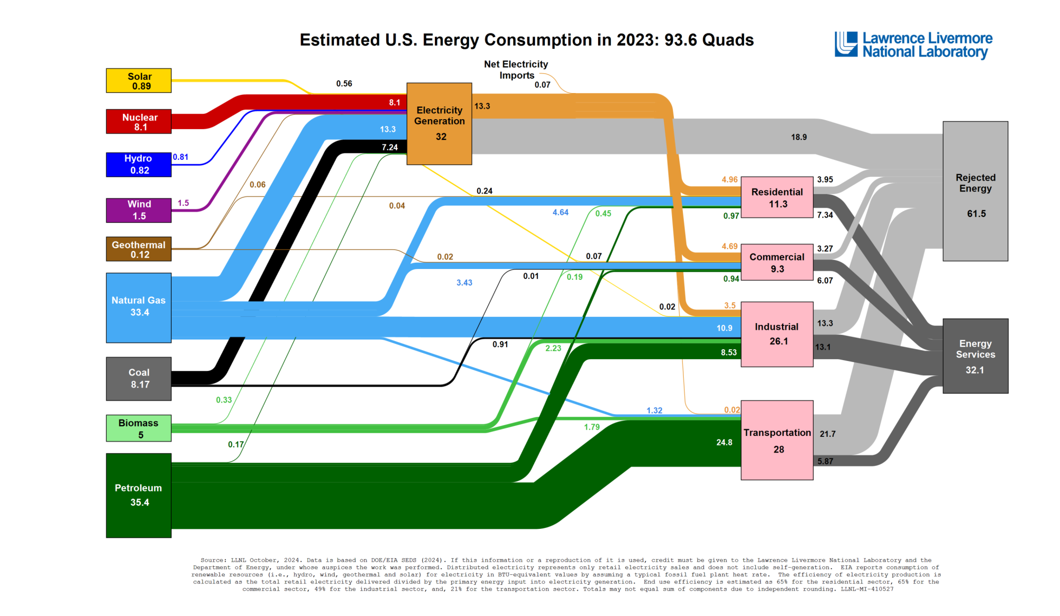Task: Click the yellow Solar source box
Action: click(138, 80)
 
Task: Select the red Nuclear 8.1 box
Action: click(138, 122)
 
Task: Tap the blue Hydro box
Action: click(138, 165)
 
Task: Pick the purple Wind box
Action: click(138, 210)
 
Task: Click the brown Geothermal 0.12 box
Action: click(138, 249)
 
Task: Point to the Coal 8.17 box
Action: click(138, 379)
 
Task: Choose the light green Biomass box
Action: click(138, 428)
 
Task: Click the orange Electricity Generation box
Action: click(439, 124)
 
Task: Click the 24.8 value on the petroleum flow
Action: click(724, 442)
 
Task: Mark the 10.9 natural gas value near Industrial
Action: click(724, 328)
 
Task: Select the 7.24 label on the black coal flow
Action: click(390, 147)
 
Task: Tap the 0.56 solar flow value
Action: click(344, 84)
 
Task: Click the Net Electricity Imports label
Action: click(516, 70)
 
